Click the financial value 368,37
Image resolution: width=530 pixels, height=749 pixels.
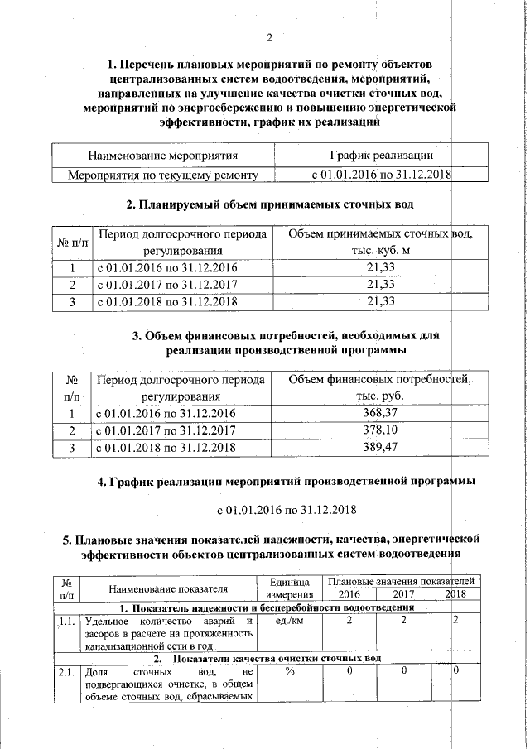[x=383, y=412]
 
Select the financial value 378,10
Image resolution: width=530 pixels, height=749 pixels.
[x=383, y=430]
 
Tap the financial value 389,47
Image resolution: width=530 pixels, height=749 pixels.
[x=383, y=448]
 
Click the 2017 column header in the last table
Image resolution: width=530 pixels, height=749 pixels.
[x=403, y=594]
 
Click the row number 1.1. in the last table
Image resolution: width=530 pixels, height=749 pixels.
[x=68, y=621]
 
